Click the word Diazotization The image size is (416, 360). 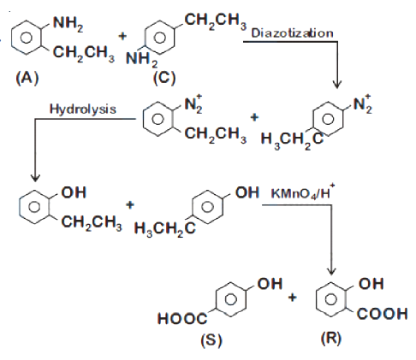point(292,33)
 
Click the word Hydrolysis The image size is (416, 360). point(83,109)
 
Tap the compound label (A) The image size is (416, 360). point(27,78)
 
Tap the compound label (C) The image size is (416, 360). point(164,78)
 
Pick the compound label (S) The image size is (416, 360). point(211,340)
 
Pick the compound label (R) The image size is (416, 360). point(331,339)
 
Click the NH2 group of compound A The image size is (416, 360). point(68,23)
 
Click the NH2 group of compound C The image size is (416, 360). point(141,60)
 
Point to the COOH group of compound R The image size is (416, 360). point(383,314)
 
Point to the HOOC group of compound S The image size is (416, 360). point(182,318)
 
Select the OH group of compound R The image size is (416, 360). point(371,284)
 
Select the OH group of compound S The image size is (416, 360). point(270,284)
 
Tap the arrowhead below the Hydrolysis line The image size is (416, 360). point(35,177)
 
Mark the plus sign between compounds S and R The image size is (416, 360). point(293,298)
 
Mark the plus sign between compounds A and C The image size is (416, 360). point(122,36)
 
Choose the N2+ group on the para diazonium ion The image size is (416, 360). point(363,104)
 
